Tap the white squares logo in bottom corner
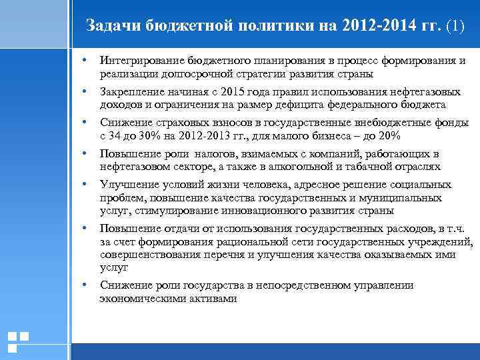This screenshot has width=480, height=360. tap(18, 341)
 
